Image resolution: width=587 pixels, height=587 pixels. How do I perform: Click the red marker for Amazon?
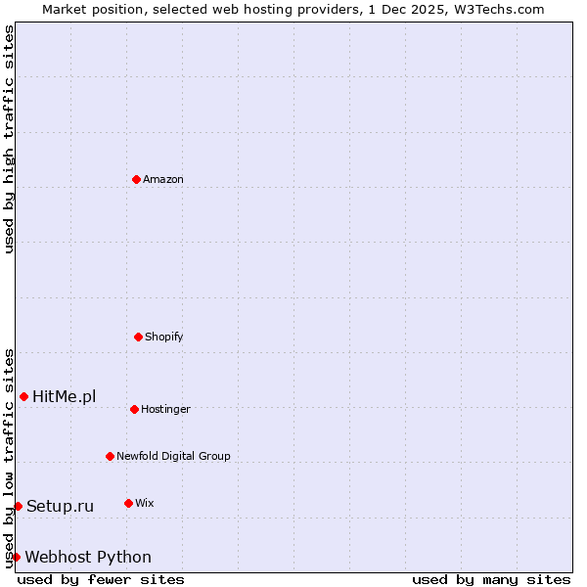[x=136, y=179]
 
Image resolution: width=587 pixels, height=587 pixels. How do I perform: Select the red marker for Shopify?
[x=138, y=337]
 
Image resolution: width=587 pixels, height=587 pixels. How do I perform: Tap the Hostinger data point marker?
[x=134, y=409]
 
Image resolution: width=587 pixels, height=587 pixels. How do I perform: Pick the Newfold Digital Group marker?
[x=110, y=456]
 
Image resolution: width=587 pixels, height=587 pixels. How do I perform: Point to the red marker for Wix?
[x=128, y=503]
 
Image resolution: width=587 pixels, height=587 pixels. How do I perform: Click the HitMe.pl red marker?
[x=23, y=396]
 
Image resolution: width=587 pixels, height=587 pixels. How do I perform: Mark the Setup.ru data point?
[x=18, y=506]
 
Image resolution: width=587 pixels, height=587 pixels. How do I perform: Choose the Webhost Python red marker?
[x=16, y=557]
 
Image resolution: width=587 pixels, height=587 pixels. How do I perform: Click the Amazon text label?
[x=163, y=179]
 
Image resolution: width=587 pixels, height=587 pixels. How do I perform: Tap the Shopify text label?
[x=164, y=337]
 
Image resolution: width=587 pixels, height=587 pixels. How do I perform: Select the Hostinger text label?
[x=165, y=409]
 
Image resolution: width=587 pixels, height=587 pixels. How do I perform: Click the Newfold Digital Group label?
[x=173, y=456]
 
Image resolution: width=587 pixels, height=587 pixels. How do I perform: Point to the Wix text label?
[x=144, y=503]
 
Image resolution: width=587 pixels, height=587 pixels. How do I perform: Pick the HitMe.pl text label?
[x=65, y=396]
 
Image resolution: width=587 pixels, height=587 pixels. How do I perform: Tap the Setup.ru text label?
[x=61, y=506]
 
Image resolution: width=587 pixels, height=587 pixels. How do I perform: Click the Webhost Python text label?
[x=88, y=557]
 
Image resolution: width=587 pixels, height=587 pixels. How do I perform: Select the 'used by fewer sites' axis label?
[x=101, y=579]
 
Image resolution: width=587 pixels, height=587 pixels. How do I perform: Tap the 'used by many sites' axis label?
[x=491, y=579]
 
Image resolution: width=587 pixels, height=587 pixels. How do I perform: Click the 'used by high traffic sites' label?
[x=9, y=139]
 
